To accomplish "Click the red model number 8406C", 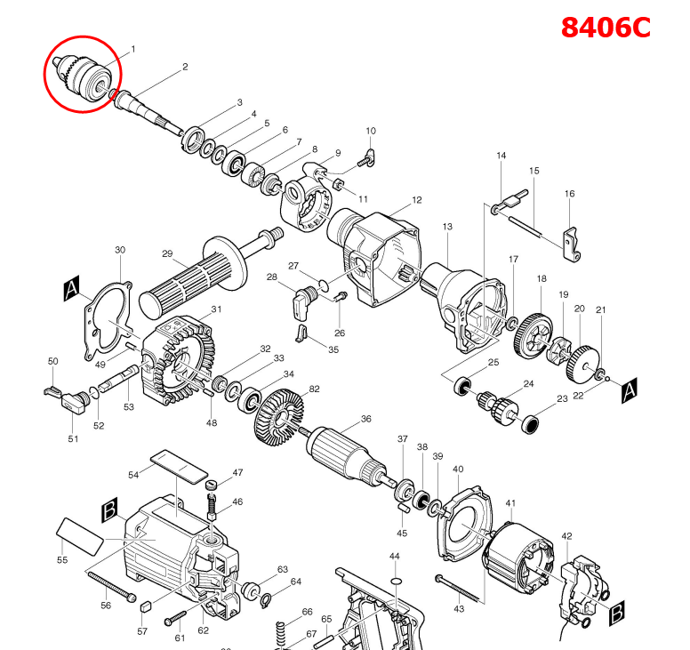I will click(x=606, y=27).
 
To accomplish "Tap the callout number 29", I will click(x=166, y=254).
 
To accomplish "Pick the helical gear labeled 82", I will click(x=278, y=414).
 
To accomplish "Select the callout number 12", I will click(x=416, y=201).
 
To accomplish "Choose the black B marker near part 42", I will click(x=616, y=613).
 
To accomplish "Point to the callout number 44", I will click(x=395, y=556).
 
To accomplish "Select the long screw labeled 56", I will click(x=111, y=586).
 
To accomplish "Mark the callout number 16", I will click(x=569, y=194).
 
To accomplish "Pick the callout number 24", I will click(x=528, y=384).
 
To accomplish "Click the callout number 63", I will click(x=283, y=569).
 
